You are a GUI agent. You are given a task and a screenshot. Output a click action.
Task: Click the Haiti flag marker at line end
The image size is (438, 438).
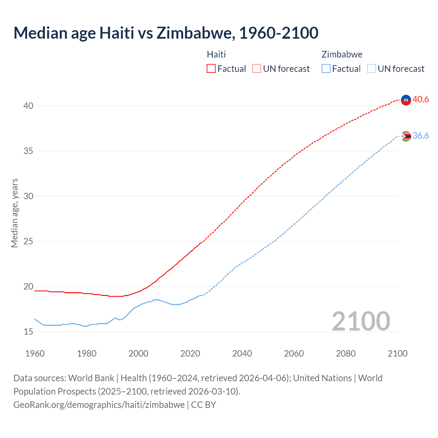point(405,100)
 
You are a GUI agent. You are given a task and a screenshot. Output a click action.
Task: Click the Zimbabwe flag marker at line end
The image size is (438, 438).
point(405,136)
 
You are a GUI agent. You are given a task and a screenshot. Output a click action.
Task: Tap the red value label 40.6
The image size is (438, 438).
point(421,100)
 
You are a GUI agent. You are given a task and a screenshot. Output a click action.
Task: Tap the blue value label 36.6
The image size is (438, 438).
point(421,136)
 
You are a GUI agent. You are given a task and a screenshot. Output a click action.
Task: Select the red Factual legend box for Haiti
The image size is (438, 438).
point(211,69)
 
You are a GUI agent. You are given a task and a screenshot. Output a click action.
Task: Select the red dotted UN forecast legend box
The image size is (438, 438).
point(257,69)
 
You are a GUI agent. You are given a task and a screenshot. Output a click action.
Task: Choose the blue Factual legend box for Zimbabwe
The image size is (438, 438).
point(326,69)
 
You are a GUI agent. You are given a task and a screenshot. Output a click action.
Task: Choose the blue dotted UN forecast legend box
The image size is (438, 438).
point(371,69)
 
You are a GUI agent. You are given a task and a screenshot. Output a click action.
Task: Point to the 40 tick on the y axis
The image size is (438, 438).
point(28,106)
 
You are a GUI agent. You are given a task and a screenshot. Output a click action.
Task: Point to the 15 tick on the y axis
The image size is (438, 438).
point(28,332)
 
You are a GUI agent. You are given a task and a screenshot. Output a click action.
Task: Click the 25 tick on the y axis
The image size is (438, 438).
point(28,241)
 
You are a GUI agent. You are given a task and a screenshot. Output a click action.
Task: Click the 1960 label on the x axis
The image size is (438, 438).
point(35,353)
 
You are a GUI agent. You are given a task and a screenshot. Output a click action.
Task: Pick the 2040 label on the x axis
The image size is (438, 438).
point(242,353)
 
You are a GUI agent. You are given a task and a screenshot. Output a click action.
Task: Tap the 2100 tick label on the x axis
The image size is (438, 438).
point(397,353)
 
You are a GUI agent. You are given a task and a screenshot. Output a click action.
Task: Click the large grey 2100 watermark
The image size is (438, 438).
point(361,321)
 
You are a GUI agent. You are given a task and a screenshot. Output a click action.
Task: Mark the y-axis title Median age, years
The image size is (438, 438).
point(14,213)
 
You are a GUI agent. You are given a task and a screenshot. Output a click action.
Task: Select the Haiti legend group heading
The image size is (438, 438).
point(216,54)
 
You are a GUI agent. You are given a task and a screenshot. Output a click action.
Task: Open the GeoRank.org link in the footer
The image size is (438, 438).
point(99,405)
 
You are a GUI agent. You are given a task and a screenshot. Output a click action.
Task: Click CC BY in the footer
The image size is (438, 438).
point(204,405)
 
